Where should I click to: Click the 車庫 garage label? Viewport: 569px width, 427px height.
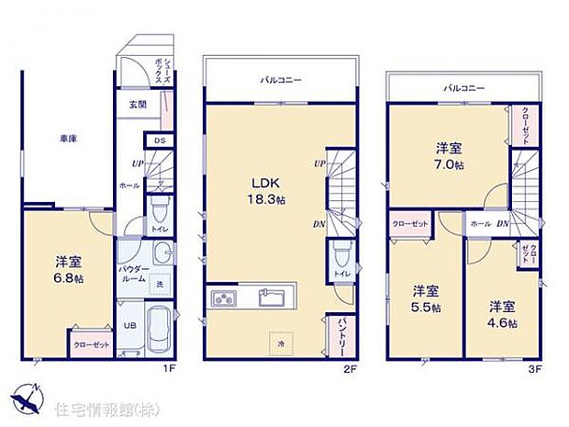click(x=69, y=138)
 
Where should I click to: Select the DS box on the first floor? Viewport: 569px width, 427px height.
click(x=159, y=140)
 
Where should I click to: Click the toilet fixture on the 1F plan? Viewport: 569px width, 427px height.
click(x=159, y=208)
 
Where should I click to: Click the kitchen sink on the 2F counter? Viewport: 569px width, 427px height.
click(x=272, y=298)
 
